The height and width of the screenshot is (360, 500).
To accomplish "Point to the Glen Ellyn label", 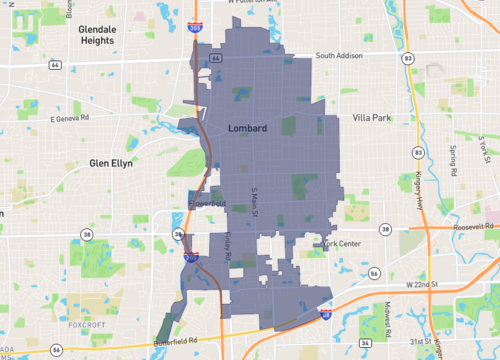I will pos(111,163).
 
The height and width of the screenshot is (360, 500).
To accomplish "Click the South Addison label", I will pos(338,56).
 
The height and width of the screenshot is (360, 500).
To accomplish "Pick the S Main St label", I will pos(255,204).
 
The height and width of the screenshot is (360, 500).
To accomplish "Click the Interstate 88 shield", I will pos(326,314).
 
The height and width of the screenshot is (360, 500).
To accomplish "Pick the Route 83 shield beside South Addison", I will pos(410,59).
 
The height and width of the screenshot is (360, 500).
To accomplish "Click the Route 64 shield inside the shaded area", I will pos(216,58).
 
